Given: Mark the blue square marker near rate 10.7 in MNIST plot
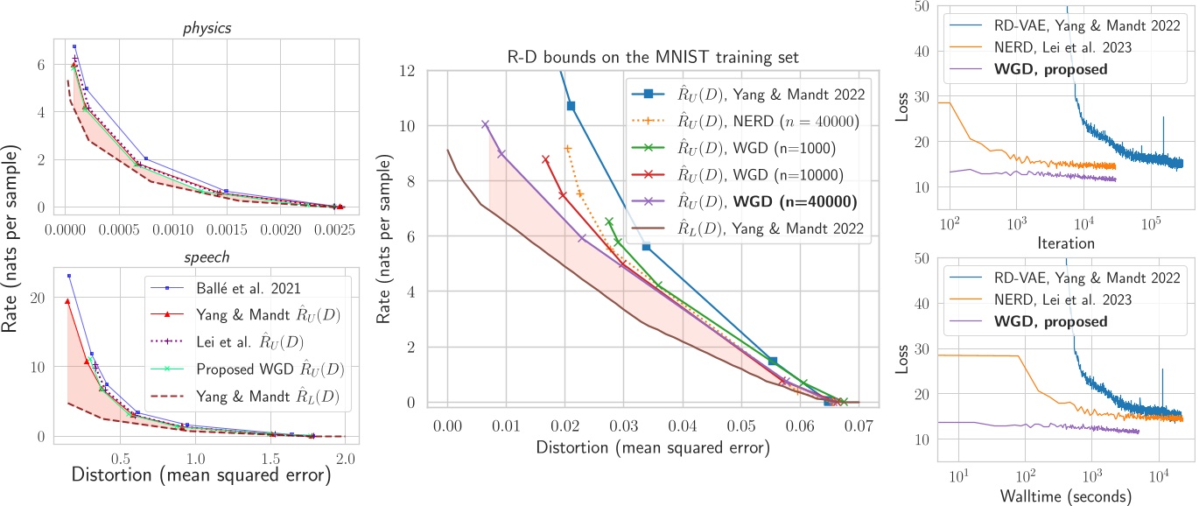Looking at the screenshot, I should point(571,106).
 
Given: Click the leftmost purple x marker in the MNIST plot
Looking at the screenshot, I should point(485,124).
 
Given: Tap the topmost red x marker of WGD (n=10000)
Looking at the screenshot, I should point(545,159).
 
